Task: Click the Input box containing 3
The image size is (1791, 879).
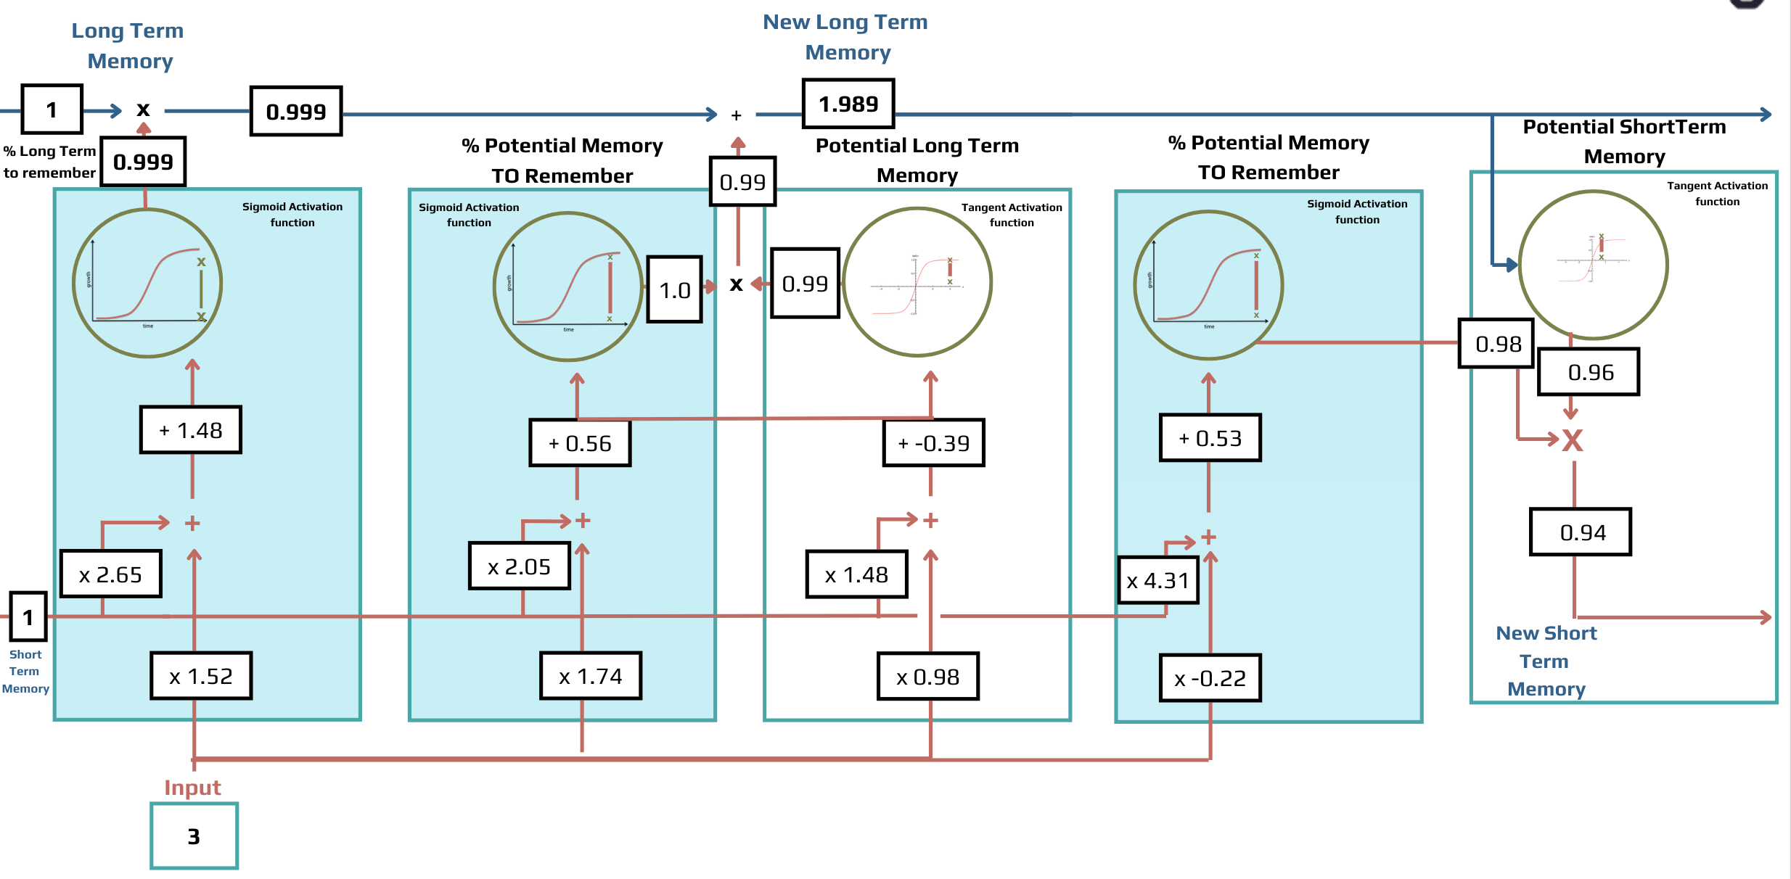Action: (x=194, y=835)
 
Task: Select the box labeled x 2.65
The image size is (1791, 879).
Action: (x=110, y=574)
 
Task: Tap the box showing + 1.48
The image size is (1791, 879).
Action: (x=191, y=430)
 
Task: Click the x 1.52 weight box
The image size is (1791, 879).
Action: (x=201, y=676)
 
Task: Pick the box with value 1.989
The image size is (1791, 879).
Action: (x=848, y=104)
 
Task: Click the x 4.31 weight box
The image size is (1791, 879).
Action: (x=1157, y=580)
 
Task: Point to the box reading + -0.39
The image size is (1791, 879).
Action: (x=933, y=442)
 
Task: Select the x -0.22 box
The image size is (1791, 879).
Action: (x=1210, y=678)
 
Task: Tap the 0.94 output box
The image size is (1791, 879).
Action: (x=1581, y=532)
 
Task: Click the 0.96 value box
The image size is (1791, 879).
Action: (x=1589, y=372)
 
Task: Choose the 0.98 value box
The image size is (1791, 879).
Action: (x=1496, y=343)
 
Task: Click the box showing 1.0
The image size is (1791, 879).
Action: (x=674, y=289)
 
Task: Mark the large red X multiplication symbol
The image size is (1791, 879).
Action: (x=1572, y=440)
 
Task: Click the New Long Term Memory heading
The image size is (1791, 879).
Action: (x=845, y=37)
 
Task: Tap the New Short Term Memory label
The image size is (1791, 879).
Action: (x=1546, y=660)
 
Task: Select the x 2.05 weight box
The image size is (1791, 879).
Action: (x=519, y=566)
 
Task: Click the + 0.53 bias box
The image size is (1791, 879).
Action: (x=1210, y=437)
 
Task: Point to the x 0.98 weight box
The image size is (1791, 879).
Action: (x=927, y=676)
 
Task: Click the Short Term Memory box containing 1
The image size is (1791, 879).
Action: (x=28, y=616)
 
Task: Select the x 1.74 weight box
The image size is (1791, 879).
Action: (x=591, y=676)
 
